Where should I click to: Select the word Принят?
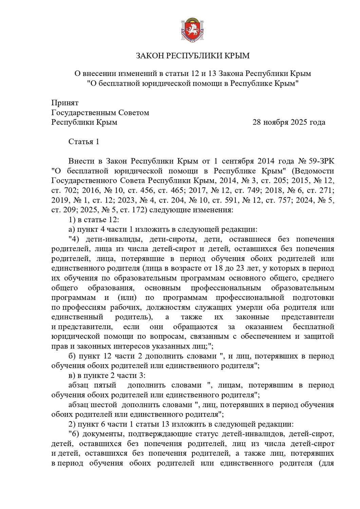pos(65,103)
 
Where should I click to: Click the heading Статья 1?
pos(84,142)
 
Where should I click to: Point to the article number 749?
pos(244,190)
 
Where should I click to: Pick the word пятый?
pos(103,385)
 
